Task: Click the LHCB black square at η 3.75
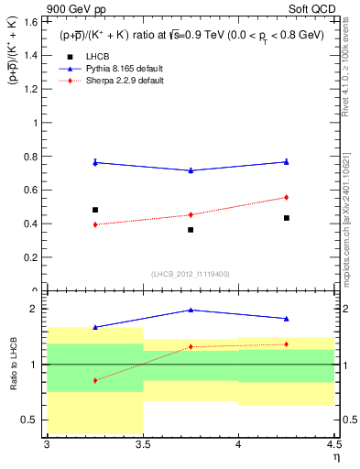[x=191, y=230]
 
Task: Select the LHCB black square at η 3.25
[x=94, y=210]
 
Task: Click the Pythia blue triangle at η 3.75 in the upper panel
[x=191, y=170]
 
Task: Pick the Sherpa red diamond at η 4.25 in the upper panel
[x=287, y=197]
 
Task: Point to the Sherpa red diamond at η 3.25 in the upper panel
[x=94, y=224]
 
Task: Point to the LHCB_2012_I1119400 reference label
[x=190, y=274]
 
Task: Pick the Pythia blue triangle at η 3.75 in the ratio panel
[x=191, y=310]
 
